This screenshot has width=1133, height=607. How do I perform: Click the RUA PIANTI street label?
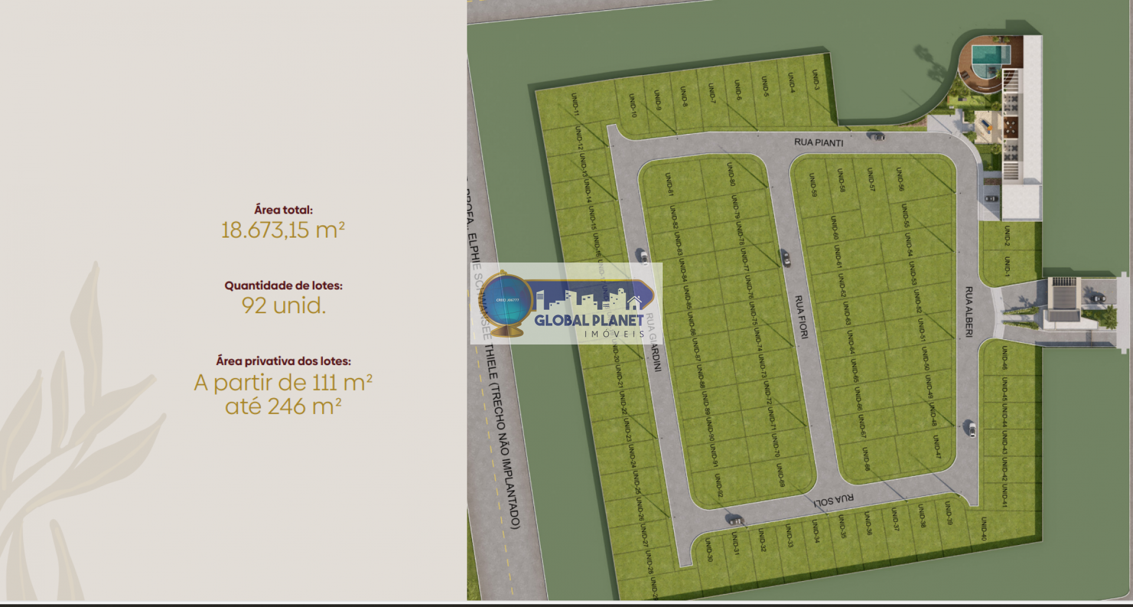[818, 142]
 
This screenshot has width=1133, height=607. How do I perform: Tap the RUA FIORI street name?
[801, 317]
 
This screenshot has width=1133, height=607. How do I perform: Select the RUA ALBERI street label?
[968, 312]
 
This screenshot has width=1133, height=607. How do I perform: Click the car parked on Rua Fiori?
[785, 257]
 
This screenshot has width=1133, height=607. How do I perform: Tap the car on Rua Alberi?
[971, 429]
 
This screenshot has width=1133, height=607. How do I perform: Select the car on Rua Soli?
[735, 521]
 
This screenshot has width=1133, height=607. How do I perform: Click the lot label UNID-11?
[575, 104]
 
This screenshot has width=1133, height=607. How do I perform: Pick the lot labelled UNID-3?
[816, 80]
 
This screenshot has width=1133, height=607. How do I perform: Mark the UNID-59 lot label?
[813, 185]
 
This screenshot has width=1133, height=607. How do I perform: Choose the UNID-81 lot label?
[669, 183]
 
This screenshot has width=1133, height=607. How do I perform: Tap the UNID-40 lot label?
[984, 528]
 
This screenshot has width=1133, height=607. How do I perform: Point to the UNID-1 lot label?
[1007, 266]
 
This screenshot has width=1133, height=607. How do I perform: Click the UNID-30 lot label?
[709, 549]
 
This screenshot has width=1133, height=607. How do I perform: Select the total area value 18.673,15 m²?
[283, 230]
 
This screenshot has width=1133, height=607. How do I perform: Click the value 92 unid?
[283, 306]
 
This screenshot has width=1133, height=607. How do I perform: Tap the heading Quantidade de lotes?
[283, 286]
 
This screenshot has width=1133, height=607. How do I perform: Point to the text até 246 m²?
[283, 406]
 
